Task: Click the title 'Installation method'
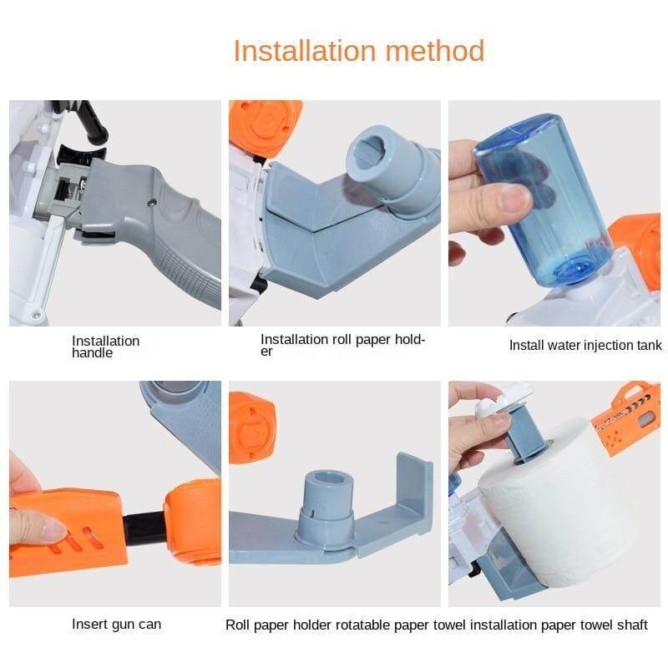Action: tap(359, 51)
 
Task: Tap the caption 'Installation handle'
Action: tap(106, 347)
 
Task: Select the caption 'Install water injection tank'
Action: tap(585, 345)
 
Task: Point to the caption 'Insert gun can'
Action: tap(116, 625)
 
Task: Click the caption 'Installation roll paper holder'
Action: tap(343, 345)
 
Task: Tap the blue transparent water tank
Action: tap(544, 200)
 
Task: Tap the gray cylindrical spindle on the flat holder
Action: tap(326, 506)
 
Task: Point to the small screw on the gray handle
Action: tap(152, 203)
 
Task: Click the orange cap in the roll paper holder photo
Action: tap(265, 124)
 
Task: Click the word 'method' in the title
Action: tap(435, 51)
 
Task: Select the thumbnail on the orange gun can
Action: tap(52, 529)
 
